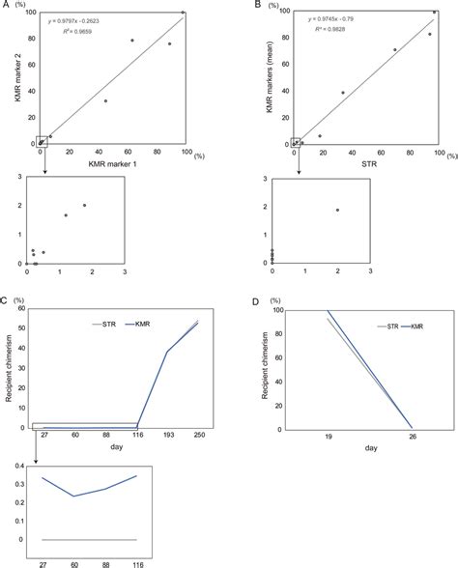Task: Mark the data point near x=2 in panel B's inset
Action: tap(337, 211)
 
